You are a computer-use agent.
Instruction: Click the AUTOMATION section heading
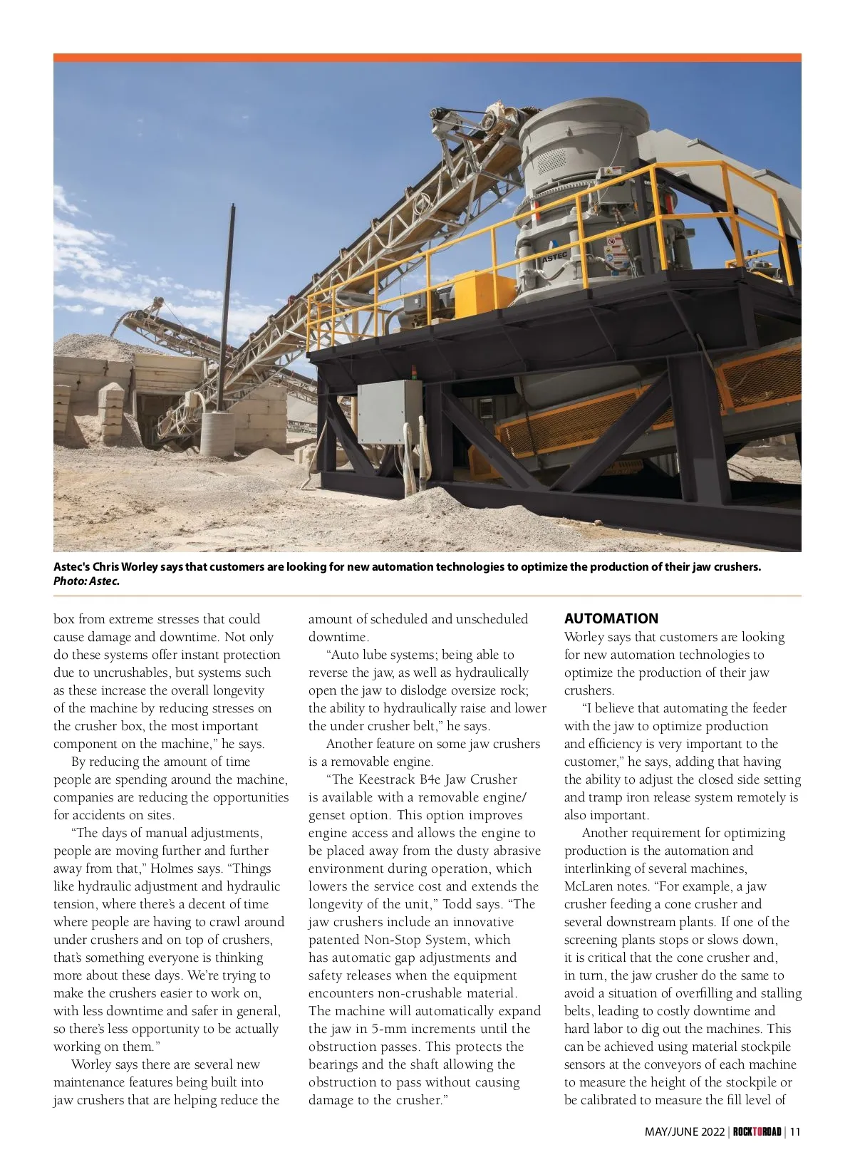point(611,618)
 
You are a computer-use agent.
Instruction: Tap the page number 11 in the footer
point(796,1131)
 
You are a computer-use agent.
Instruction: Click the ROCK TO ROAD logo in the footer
point(757,1131)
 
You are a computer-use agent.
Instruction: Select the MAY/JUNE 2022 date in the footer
point(684,1131)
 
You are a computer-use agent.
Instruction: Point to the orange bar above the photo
point(427,58)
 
